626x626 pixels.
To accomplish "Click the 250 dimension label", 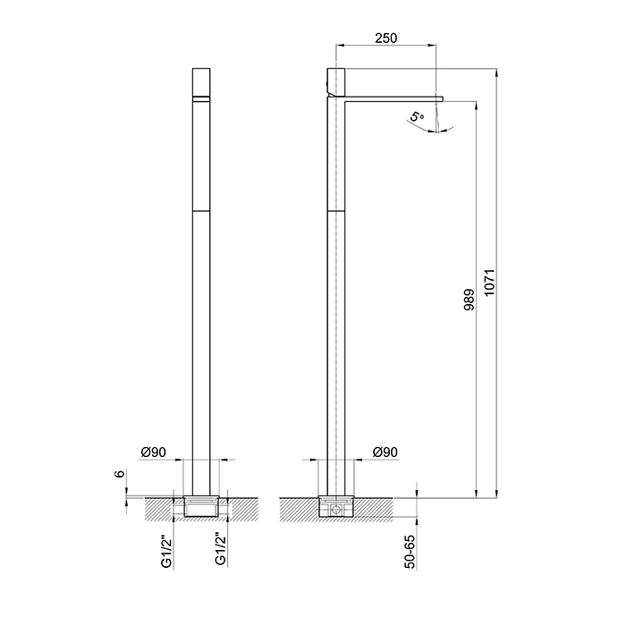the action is click(x=386, y=38).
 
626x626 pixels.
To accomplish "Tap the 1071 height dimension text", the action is click(x=489, y=283).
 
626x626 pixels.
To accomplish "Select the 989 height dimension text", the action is click(x=469, y=300).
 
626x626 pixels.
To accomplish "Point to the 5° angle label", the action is click(x=417, y=116).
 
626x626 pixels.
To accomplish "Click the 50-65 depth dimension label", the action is click(x=410, y=552).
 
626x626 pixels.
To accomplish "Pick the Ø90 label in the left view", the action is click(x=153, y=453).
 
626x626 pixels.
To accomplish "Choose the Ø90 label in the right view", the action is click(x=385, y=453).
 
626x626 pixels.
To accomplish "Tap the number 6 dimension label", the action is click(x=120, y=474).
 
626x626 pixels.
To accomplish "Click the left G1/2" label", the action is click(x=167, y=549).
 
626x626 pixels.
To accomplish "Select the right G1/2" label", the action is click(x=220, y=549).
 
